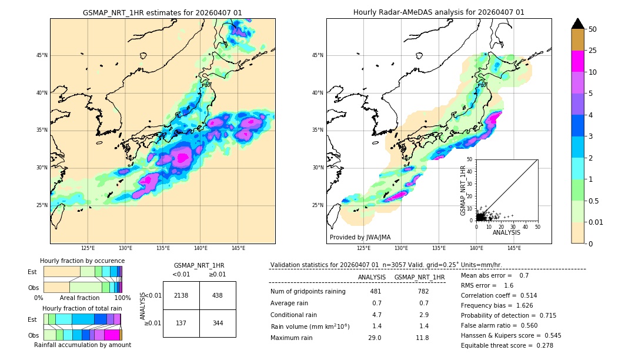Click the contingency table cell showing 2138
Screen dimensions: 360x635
coord(181,295)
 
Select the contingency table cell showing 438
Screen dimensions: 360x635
coord(218,295)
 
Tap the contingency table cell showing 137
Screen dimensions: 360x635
coord(181,323)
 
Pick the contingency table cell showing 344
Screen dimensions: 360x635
coord(218,323)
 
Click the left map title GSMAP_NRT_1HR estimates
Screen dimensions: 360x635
coord(162,12)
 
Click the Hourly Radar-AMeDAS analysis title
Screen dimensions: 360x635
coord(439,12)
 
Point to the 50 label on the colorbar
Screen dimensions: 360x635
coord(593,29)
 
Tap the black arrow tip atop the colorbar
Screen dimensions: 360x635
coord(578,23)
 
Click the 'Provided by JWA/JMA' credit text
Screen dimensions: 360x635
coord(360,238)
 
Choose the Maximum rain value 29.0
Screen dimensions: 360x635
coord(375,338)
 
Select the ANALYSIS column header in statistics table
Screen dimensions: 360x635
coord(372,277)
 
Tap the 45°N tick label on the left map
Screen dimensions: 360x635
coord(42,55)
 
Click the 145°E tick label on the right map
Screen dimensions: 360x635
coord(514,248)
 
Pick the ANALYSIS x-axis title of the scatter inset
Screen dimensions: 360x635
coord(507,232)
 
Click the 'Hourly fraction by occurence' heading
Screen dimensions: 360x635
coord(82,261)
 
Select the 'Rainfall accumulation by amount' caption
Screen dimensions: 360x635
coord(82,345)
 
